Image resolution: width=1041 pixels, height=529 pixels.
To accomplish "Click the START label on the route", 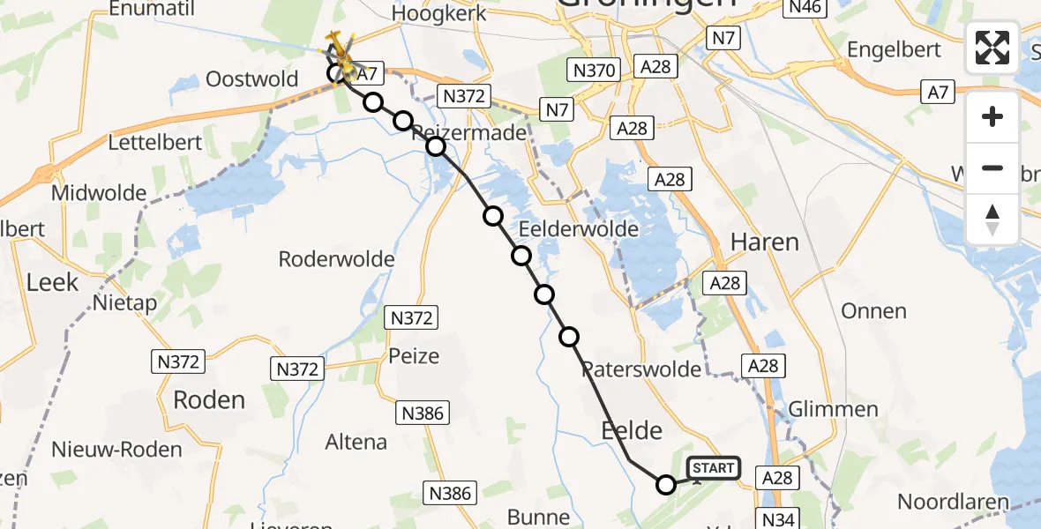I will point(713,467).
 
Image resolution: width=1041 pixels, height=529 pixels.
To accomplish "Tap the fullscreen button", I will point(992,48).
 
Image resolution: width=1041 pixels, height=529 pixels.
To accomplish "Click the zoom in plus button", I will point(992,116).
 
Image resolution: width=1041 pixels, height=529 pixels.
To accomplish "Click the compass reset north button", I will point(992,220).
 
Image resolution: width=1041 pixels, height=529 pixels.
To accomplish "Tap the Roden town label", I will point(209,399).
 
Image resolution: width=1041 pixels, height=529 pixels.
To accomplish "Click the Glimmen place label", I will point(834,409).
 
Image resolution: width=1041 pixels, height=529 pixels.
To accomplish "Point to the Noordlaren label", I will point(953,502).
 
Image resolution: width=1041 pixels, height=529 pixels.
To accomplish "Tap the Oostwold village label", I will point(252,79).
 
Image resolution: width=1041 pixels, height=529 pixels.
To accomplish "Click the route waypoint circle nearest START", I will point(666,484).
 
